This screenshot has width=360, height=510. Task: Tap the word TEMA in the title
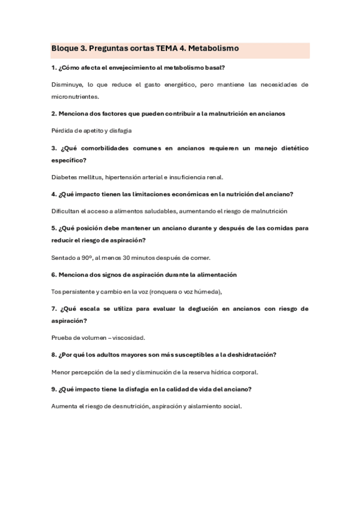click(x=169, y=48)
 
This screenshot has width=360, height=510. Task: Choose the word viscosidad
click(x=127, y=338)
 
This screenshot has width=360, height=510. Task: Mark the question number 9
click(x=53, y=389)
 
